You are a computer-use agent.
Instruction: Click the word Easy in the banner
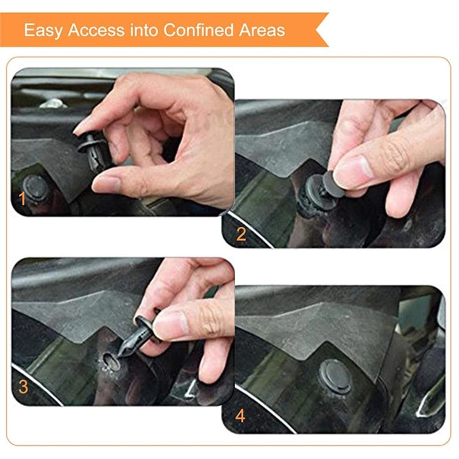pyautogui.click(x=43, y=30)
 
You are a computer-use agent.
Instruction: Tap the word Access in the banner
pyautogui.click(x=96, y=30)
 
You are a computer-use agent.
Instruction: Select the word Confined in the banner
pyautogui.click(x=199, y=30)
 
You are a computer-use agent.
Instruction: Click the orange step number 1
pyautogui.click(x=22, y=199)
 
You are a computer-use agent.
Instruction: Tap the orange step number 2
pyautogui.click(x=241, y=234)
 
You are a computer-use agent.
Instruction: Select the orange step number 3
pyautogui.click(x=23, y=387)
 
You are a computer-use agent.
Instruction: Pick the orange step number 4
pyautogui.click(x=240, y=415)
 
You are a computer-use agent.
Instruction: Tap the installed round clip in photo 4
pyautogui.click(x=336, y=376)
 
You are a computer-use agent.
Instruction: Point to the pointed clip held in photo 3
pyautogui.click(x=138, y=332)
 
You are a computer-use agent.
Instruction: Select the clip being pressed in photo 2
pyautogui.click(x=321, y=190)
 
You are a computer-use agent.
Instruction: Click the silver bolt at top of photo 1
pyautogui.click(x=53, y=103)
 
